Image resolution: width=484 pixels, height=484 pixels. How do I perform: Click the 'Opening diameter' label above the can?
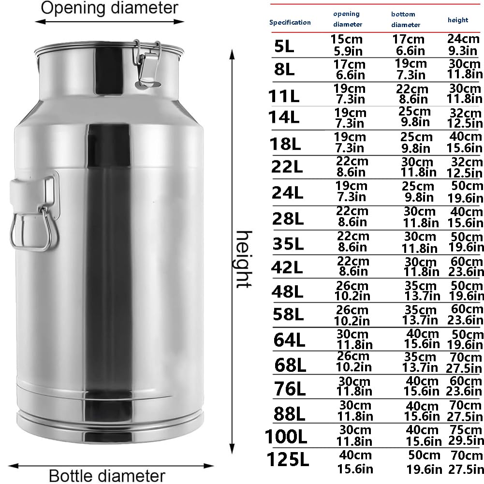click(109, 8)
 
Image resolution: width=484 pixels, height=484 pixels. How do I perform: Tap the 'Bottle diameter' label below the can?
click(107, 475)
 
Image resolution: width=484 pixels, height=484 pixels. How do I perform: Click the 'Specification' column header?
click(290, 22)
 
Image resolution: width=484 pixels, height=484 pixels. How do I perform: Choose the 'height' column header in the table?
click(457, 20)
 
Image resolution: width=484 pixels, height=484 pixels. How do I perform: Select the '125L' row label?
click(287, 459)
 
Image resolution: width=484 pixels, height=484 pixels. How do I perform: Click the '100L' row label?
click(286, 437)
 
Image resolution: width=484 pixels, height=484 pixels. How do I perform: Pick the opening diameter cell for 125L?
click(352, 461)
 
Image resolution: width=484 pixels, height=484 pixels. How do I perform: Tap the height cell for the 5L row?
click(463, 44)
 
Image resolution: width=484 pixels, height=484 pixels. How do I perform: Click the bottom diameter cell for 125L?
click(424, 461)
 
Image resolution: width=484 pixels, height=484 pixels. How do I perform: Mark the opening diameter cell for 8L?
click(349, 69)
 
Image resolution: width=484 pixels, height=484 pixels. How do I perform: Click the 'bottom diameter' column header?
click(405, 19)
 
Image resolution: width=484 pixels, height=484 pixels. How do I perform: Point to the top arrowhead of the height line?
click(232, 54)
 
